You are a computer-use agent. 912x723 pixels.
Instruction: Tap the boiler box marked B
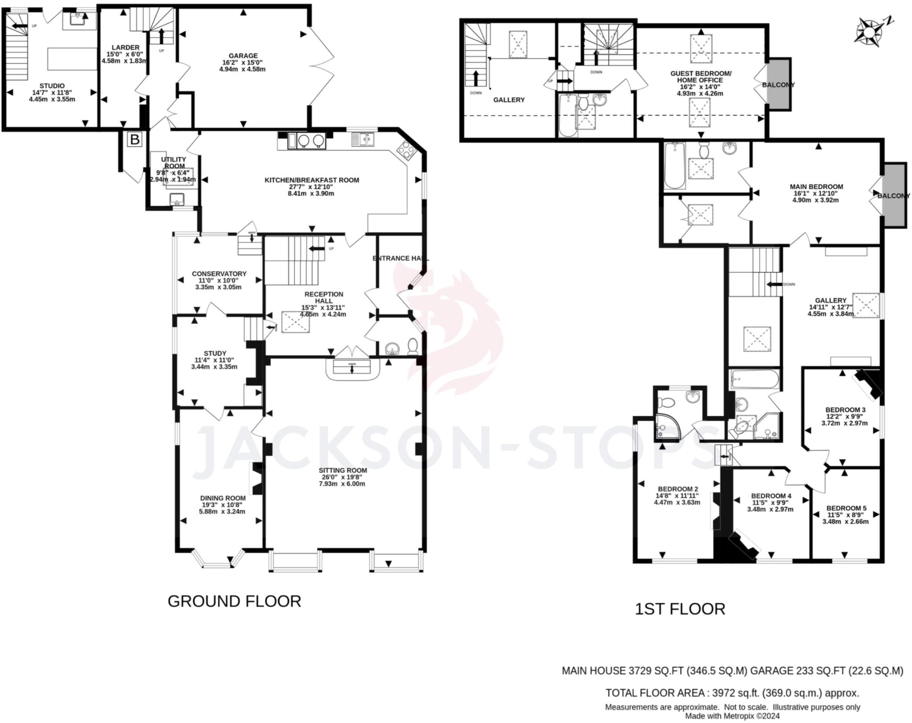tap(134, 140)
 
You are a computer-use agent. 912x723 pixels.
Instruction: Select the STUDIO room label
tap(52, 86)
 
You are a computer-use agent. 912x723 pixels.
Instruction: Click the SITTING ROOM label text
tap(342, 470)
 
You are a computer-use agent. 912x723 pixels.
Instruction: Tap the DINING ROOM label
tap(223, 498)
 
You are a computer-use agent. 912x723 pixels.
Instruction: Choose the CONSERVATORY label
tap(219, 274)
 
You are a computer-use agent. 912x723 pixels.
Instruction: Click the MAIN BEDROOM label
tap(816, 187)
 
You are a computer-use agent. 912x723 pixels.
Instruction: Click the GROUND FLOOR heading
tap(234, 601)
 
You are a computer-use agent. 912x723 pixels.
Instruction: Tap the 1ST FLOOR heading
tap(680, 609)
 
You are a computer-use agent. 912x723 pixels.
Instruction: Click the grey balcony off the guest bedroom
tap(778, 84)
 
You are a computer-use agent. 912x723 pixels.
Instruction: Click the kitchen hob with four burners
tap(406, 150)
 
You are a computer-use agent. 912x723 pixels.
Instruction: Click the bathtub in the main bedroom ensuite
tap(675, 166)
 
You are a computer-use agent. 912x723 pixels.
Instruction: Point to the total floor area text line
tap(732, 693)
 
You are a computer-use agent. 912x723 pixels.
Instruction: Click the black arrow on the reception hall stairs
tap(317, 248)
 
